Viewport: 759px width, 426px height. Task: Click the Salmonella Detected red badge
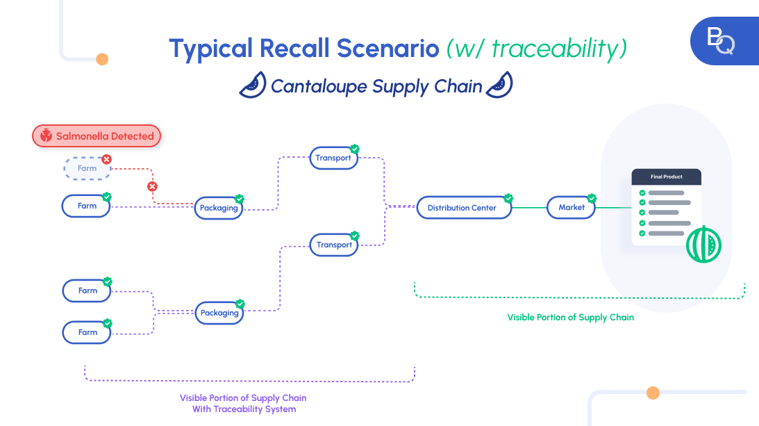(x=97, y=136)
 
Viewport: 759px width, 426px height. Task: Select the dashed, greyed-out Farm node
(x=87, y=168)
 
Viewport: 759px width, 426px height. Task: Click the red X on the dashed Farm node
(x=106, y=159)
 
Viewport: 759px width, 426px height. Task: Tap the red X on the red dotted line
(x=152, y=186)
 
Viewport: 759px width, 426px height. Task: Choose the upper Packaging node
(x=219, y=208)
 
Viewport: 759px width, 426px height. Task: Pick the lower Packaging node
(x=219, y=313)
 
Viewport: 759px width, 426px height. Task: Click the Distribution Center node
(x=462, y=208)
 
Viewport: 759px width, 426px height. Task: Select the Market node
(x=572, y=207)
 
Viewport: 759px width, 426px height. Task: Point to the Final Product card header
(x=666, y=177)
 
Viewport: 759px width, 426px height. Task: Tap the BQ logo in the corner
(x=721, y=41)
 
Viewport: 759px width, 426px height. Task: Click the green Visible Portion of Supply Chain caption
(x=570, y=317)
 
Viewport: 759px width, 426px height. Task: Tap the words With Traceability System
(x=244, y=409)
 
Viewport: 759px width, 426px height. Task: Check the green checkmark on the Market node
(x=592, y=198)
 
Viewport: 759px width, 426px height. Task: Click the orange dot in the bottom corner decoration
(x=653, y=393)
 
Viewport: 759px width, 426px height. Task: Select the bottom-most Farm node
(x=87, y=332)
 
